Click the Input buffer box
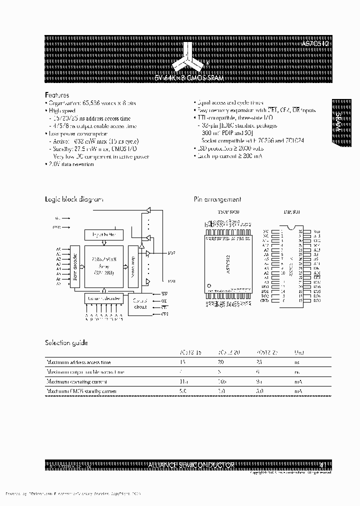pos(104,234)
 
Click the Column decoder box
pos(104,298)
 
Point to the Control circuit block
pos(140,303)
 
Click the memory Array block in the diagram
pos(103,266)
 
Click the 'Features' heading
pos(57,94)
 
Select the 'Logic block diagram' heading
pos(74,199)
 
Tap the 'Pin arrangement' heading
pos(217,199)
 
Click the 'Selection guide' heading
pos(66,343)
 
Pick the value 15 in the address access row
pos(182,362)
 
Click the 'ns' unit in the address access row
pos(297,362)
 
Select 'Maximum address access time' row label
pos(78,362)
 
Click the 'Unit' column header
pos(298,352)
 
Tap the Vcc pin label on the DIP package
pos(316,231)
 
